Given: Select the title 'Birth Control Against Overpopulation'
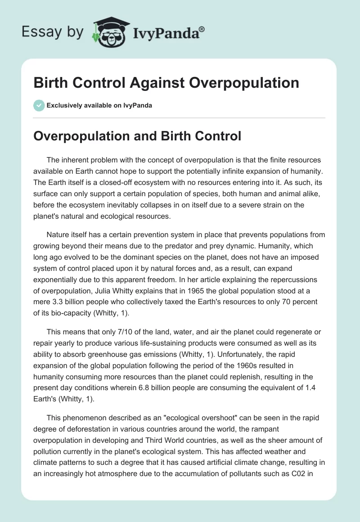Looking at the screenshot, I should pyautogui.click(x=166, y=83).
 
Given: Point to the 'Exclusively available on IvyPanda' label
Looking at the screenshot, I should pyautogui.click(x=99, y=105).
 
